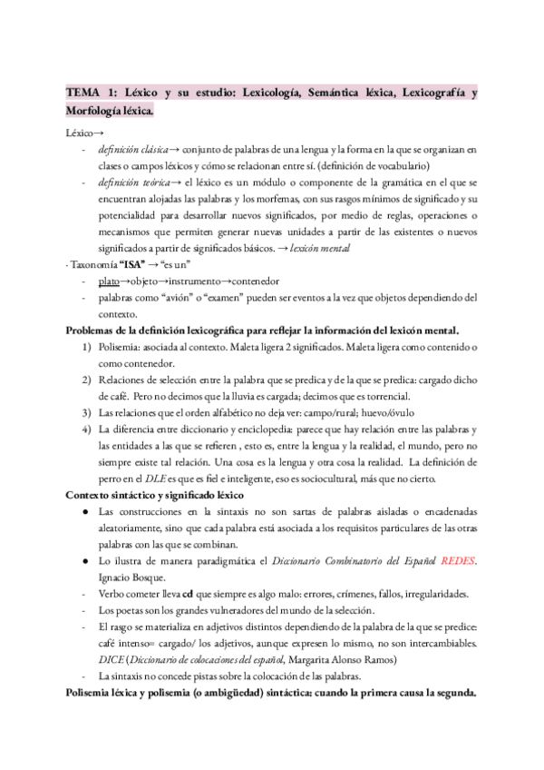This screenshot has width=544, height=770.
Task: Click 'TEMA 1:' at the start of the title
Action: [x=89, y=93]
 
